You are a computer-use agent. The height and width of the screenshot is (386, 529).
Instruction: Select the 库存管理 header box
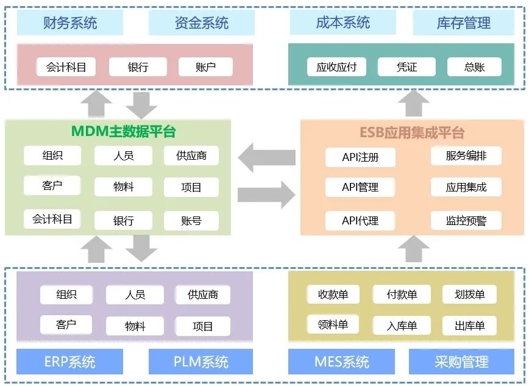pos(464,23)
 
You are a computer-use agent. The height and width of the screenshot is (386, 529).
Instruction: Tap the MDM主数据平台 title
pos(124,131)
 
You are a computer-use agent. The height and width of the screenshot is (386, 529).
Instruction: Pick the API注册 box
pos(360,157)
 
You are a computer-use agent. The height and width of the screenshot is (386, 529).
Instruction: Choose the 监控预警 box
pos(466,220)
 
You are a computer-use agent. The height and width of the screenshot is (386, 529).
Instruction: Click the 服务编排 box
pos(466,155)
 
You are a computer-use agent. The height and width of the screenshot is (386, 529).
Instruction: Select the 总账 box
pos(474,67)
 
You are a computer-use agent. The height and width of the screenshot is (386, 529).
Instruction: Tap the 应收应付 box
pos(336,67)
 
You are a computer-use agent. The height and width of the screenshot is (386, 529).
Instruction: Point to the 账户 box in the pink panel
pos(206,67)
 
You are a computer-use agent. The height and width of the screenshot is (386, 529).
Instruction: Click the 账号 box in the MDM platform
pos(191,221)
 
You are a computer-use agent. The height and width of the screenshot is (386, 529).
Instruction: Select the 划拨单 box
pos(469,295)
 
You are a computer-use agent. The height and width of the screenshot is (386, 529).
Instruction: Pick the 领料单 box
pos(333,324)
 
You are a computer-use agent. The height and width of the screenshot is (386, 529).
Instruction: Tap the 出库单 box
pos(469,326)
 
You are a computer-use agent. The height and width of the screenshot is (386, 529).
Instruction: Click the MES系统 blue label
pos(341,362)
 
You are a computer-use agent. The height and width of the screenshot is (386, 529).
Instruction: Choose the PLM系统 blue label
pos(201,362)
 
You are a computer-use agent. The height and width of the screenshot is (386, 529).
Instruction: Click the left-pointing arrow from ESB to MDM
pos(266,159)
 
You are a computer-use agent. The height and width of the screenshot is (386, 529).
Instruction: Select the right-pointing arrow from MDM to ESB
pos(266,195)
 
